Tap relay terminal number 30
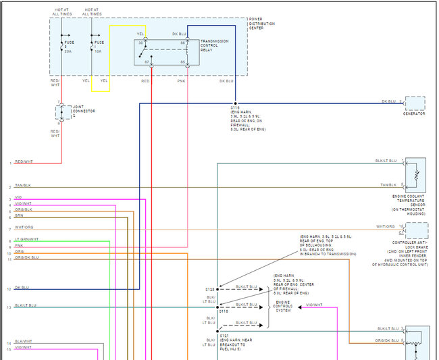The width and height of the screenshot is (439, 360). pyautogui.click(x=141, y=43)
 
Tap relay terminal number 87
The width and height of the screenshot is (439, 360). pyautogui.click(x=147, y=62)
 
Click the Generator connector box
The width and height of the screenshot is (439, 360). pyautogui.click(x=415, y=103)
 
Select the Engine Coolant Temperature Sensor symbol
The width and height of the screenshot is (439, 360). pyautogui.click(x=415, y=174)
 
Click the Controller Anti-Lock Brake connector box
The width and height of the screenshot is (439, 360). pyautogui.click(x=416, y=230)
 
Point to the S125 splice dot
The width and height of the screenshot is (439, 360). pyautogui.click(x=217, y=288)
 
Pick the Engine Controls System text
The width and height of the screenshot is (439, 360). pyautogui.click(x=284, y=307)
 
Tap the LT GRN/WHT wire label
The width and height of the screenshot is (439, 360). pyautogui.click(x=27, y=239)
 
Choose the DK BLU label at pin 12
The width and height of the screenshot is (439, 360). pyautogui.click(x=22, y=288)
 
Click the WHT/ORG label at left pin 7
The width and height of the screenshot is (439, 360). pyautogui.click(x=24, y=227)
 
